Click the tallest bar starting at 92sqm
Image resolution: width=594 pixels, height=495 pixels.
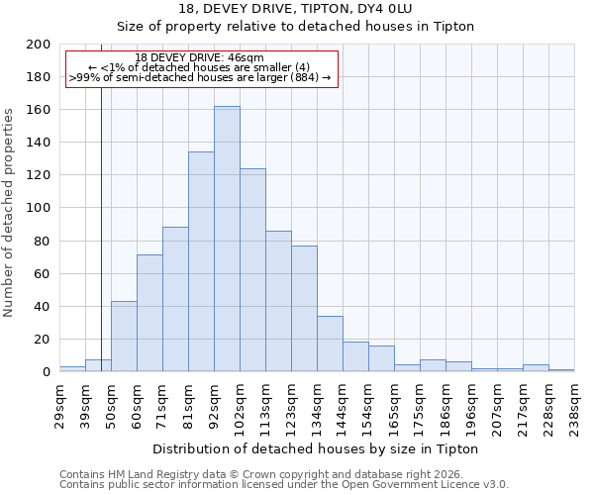tap(227, 239)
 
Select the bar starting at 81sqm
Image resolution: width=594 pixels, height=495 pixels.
tap(201, 262)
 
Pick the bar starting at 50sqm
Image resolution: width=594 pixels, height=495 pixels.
tap(124, 337)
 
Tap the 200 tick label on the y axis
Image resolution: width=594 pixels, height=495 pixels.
tap(39, 45)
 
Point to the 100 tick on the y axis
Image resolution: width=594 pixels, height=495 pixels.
tap(39, 208)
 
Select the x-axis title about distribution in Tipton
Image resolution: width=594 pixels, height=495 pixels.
tap(316, 448)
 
